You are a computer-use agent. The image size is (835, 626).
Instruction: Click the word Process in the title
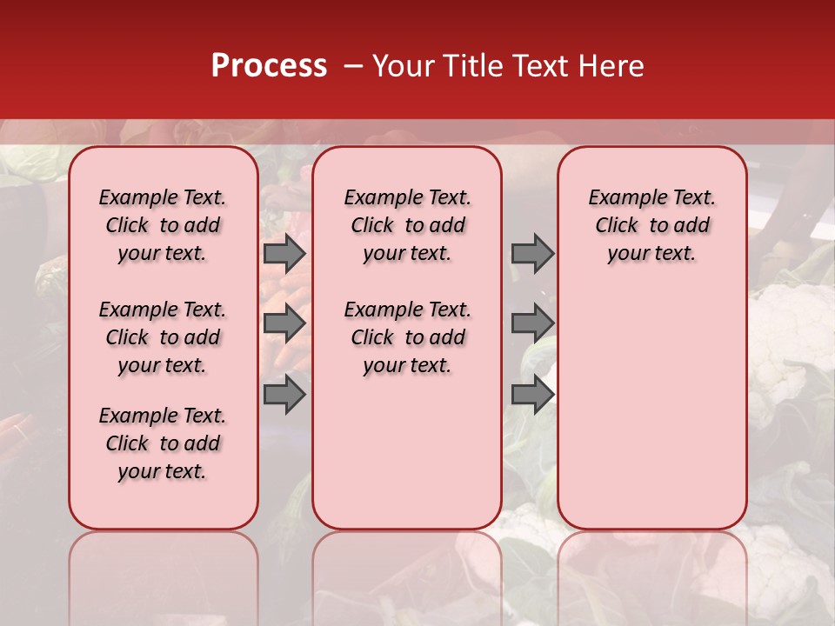[x=269, y=66]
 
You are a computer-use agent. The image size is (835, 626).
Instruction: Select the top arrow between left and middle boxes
[x=284, y=253]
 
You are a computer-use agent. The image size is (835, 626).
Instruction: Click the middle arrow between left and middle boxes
[x=284, y=323]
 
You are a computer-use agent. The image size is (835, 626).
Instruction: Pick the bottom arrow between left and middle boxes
[x=284, y=395]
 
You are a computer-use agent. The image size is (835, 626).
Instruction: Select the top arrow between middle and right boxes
[x=532, y=253]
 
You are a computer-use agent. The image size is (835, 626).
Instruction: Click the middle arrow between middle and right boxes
[x=532, y=323]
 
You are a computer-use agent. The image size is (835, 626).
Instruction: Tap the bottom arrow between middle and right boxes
[x=532, y=395]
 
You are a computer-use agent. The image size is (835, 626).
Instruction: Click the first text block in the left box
[x=163, y=225]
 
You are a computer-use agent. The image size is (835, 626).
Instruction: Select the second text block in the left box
[x=163, y=337]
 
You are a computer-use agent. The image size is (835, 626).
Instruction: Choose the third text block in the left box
[x=163, y=443]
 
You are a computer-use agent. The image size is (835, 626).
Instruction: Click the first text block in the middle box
[x=407, y=225]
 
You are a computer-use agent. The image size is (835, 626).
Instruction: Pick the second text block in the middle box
[x=407, y=337]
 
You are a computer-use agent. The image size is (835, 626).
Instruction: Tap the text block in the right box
[x=651, y=225]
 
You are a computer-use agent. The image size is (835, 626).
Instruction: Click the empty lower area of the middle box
[x=407, y=452]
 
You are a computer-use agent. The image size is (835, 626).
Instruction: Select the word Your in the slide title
[x=401, y=66]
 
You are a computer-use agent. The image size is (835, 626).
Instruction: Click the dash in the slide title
[x=352, y=66]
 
